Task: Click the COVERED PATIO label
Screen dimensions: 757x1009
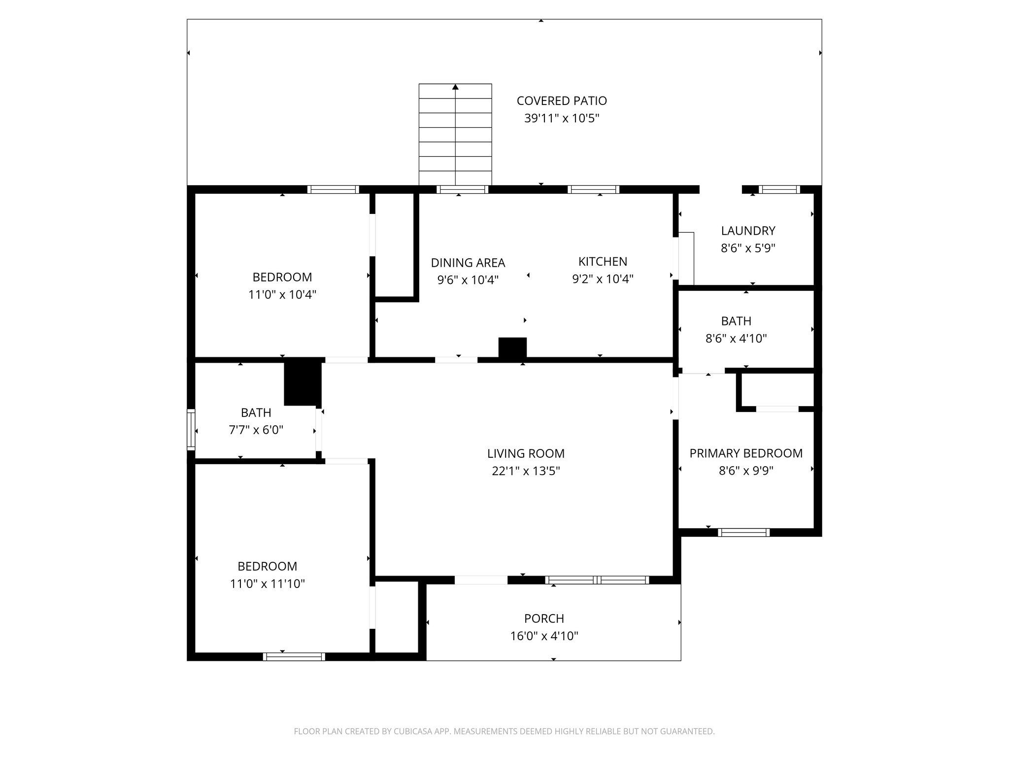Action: [561, 101]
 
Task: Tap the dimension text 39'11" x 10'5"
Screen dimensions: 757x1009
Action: [561, 119]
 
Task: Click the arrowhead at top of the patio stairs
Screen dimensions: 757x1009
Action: [455, 87]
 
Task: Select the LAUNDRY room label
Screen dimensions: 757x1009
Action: [748, 231]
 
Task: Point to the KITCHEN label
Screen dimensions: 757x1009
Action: [603, 262]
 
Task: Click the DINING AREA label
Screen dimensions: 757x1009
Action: [468, 263]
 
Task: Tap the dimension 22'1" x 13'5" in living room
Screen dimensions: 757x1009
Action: [526, 471]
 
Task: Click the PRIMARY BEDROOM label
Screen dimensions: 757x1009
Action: [745, 453]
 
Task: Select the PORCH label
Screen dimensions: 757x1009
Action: [544, 619]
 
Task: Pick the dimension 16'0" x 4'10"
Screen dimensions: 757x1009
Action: [544, 636]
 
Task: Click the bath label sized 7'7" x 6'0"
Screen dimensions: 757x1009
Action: [256, 413]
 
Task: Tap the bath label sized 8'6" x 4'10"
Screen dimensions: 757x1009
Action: [736, 321]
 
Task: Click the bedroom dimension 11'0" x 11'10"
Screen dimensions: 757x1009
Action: [267, 584]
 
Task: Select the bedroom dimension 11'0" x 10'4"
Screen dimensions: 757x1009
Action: [282, 295]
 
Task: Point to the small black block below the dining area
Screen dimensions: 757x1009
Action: [512, 347]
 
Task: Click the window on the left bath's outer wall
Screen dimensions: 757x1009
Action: [191, 429]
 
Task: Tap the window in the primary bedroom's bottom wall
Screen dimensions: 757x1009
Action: [743, 532]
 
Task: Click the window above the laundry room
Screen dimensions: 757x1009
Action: [778, 189]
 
